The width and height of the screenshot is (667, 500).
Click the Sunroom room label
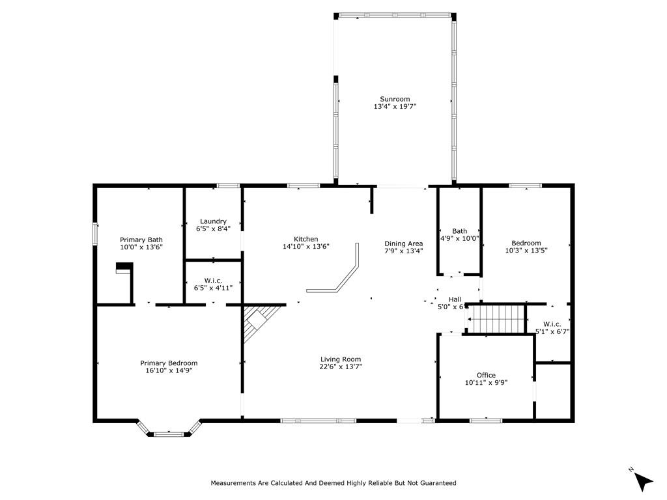[395, 99]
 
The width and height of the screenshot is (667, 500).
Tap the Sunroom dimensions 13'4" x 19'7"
[395, 106]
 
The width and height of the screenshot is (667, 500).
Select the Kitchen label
[305, 239]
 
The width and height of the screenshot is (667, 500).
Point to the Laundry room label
[213, 221]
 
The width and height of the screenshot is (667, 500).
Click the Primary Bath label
[141, 240]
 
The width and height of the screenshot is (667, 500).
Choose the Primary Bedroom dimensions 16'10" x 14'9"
[169, 370]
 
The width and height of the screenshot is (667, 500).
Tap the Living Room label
[340, 359]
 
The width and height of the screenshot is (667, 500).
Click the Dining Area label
[403, 243]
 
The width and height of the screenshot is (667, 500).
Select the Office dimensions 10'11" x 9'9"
[486, 383]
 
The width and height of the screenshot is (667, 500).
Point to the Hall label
[455, 299]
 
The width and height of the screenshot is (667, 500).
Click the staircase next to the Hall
[498, 318]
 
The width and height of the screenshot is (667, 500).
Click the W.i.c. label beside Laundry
[213, 280]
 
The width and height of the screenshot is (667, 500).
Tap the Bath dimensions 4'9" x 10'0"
[460, 238]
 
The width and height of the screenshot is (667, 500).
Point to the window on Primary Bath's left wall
[96, 234]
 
